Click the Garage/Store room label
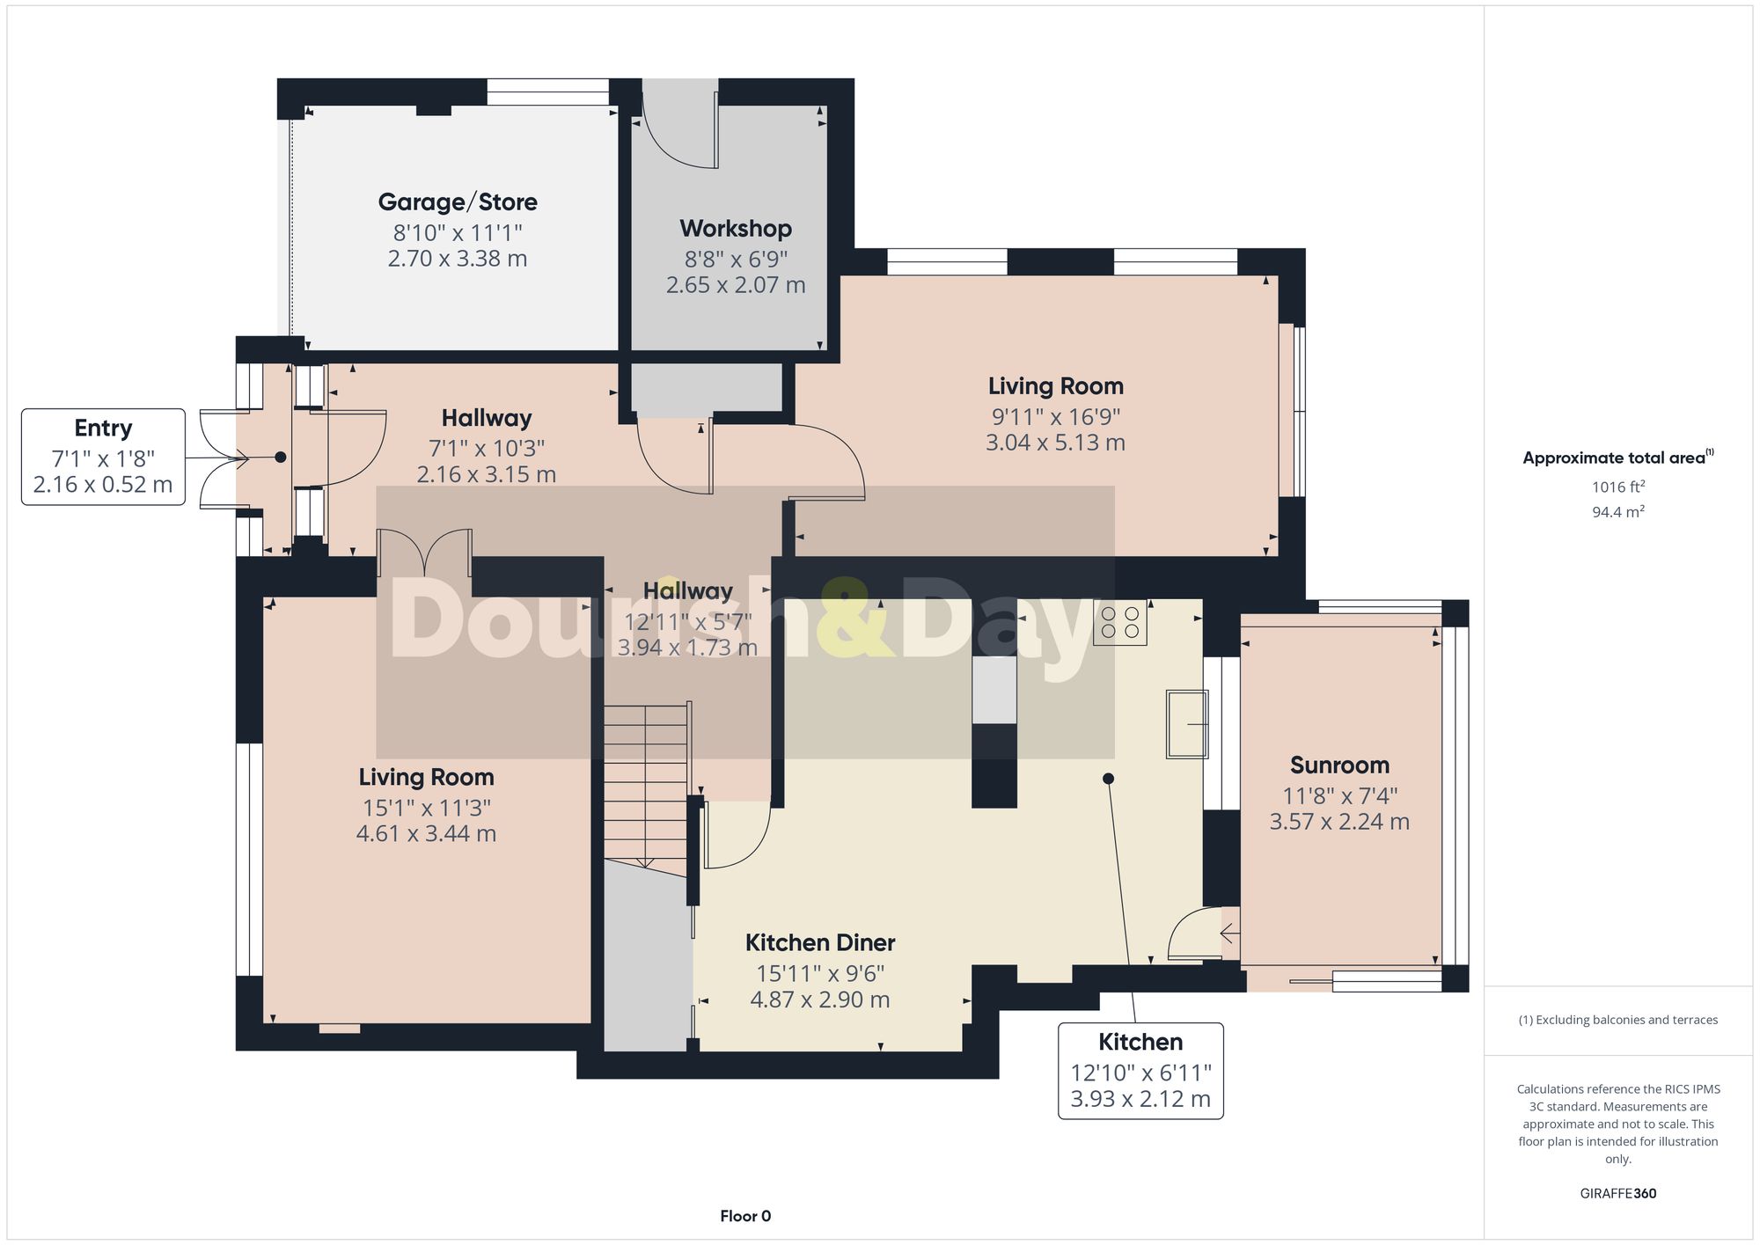458,202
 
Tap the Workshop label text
736,229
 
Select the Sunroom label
1339,765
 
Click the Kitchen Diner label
820,943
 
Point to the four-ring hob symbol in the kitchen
1120,623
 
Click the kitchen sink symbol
1187,724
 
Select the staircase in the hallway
645,783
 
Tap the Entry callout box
103,457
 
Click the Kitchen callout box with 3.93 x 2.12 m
1140,1071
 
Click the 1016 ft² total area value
1617,487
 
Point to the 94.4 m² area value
1617,511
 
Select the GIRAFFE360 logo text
1617,1194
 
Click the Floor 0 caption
745,1216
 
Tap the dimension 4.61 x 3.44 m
426,833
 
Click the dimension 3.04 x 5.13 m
1055,443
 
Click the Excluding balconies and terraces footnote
1617,1020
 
